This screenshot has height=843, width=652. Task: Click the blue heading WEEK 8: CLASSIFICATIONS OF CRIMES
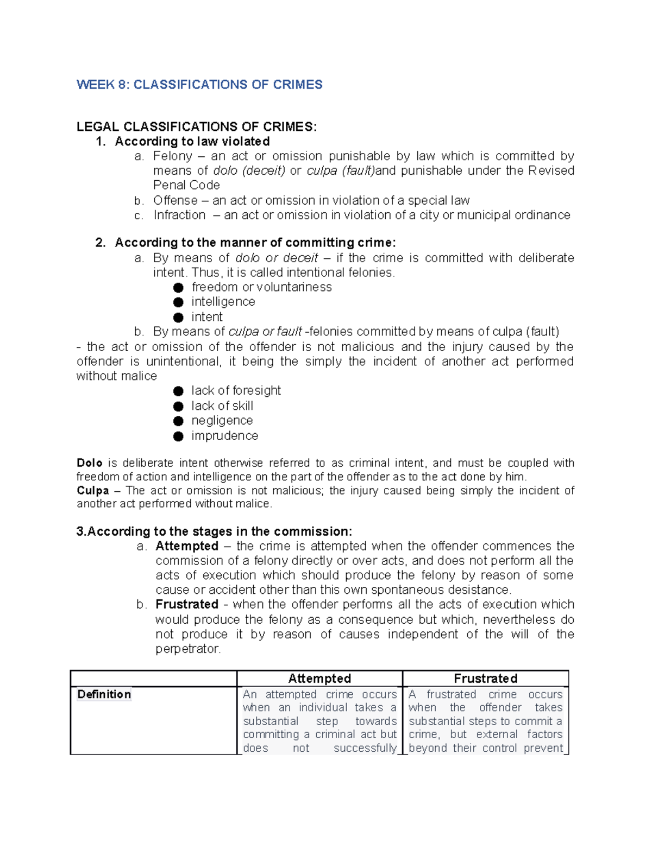coord(199,85)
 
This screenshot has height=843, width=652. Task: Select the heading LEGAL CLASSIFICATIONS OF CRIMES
coord(196,127)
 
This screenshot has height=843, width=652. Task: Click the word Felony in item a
coord(172,156)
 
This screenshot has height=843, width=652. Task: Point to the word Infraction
coord(179,215)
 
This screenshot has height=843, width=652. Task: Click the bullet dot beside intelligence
coord(178,302)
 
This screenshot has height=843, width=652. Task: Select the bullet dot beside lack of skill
coord(178,407)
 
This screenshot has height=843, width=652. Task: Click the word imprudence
coord(224,436)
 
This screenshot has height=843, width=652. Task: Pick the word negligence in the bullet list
coord(222,421)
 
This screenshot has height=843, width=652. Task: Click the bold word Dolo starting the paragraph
coord(90,463)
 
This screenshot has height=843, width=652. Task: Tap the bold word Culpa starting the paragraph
coord(93,491)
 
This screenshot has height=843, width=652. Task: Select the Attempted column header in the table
coord(319,679)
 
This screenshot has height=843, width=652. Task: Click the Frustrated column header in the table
coord(485,679)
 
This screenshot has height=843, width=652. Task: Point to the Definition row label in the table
coord(104,695)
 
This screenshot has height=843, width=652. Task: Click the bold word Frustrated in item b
coord(187,605)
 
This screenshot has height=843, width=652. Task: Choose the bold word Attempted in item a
coord(187,546)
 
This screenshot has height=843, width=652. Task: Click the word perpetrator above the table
coord(187,649)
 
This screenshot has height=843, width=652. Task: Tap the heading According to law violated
coord(192,142)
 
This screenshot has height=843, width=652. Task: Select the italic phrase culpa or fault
coord(265,332)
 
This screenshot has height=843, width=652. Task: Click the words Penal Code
coord(186,186)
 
